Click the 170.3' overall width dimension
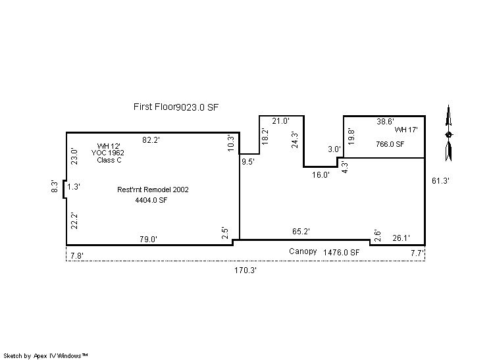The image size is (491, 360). [x=245, y=270]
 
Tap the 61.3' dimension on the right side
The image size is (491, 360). [x=440, y=180]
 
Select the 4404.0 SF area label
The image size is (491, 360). [x=151, y=200]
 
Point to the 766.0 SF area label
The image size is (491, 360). [x=390, y=144]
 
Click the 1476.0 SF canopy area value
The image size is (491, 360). [x=342, y=252]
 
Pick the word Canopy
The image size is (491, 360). [x=303, y=251]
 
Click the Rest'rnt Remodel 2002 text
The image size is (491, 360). [x=153, y=190]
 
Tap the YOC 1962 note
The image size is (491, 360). [x=108, y=153]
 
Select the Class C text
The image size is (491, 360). [x=109, y=160]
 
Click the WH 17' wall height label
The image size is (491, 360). [x=406, y=130]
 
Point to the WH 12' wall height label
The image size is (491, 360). [x=109, y=146]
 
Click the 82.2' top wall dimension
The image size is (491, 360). [x=151, y=140]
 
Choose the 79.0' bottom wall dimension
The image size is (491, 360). [x=149, y=239]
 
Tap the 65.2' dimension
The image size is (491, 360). [x=301, y=232]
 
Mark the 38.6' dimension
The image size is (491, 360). [x=386, y=122]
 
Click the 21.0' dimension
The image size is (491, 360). [x=280, y=121]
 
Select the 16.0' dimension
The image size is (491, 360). [x=321, y=174]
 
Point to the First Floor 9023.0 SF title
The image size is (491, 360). [x=176, y=107]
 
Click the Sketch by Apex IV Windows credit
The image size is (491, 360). [x=45, y=355]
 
